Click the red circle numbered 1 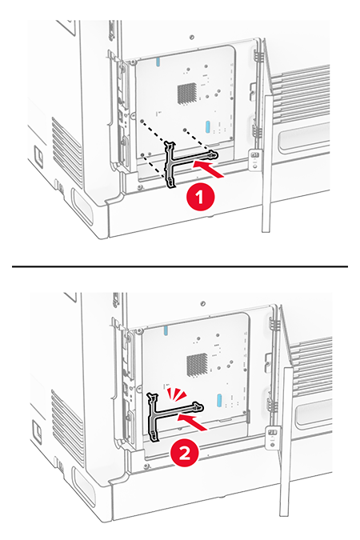pyautogui.click(x=200, y=198)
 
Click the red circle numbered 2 pyautogui.click(x=185, y=454)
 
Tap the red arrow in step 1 pyautogui.click(x=208, y=170)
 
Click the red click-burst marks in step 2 pyautogui.click(x=176, y=394)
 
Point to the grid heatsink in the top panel pyautogui.click(x=187, y=93)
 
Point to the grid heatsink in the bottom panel pyautogui.click(x=198, y=365)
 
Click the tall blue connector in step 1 pyautogui.click(x=207, y=126)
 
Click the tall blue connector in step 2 pyautogui.click(x=218, y=402)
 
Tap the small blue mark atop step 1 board pyautogui.click(x=158, y=62)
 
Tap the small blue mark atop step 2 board pyautogui.click(x=166, y=330)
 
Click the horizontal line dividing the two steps pyautogui.click(x=180, y=266)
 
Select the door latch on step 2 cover pyautogui.click(x=273, y=438)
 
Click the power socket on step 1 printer pyautogui.click(x=38, y=155)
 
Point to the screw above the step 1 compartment pyautogui.click(x=192, y=37)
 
